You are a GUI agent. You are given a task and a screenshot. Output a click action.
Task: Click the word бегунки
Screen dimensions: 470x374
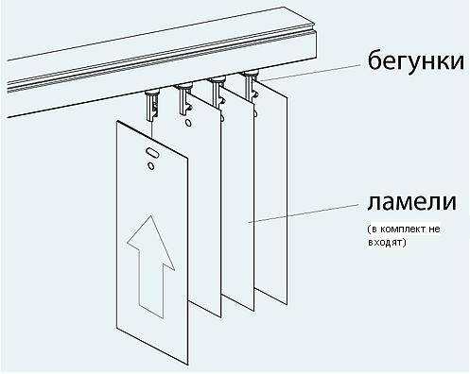(416, 61)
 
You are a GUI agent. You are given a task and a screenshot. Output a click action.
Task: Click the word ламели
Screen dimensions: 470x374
(411, 202)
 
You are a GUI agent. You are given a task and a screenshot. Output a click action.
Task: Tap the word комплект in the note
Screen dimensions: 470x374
(398, 229)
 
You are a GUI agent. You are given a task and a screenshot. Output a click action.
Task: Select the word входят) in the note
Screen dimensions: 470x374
(388, 243)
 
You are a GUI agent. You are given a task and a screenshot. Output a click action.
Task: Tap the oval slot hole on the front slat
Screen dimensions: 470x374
(152, 153)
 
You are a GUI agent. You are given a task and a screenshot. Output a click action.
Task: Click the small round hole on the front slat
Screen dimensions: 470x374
(151, 166)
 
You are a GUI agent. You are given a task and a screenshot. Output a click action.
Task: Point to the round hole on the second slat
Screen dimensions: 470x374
(188, 123)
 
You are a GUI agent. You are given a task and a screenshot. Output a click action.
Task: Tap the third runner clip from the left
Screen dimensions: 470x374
(218, 93)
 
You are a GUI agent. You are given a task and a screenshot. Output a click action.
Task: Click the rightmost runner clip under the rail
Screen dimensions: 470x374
(251, 85)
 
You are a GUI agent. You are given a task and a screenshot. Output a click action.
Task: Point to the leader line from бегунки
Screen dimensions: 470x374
(311, 73)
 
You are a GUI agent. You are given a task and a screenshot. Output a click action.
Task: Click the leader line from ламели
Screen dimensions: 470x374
(304, 212)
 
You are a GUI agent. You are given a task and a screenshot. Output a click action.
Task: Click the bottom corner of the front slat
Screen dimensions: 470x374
(189, 365)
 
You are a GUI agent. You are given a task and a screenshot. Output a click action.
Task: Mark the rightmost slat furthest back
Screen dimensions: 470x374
(271, 193)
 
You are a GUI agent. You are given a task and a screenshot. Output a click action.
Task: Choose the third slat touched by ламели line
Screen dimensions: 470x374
(238, 201)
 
